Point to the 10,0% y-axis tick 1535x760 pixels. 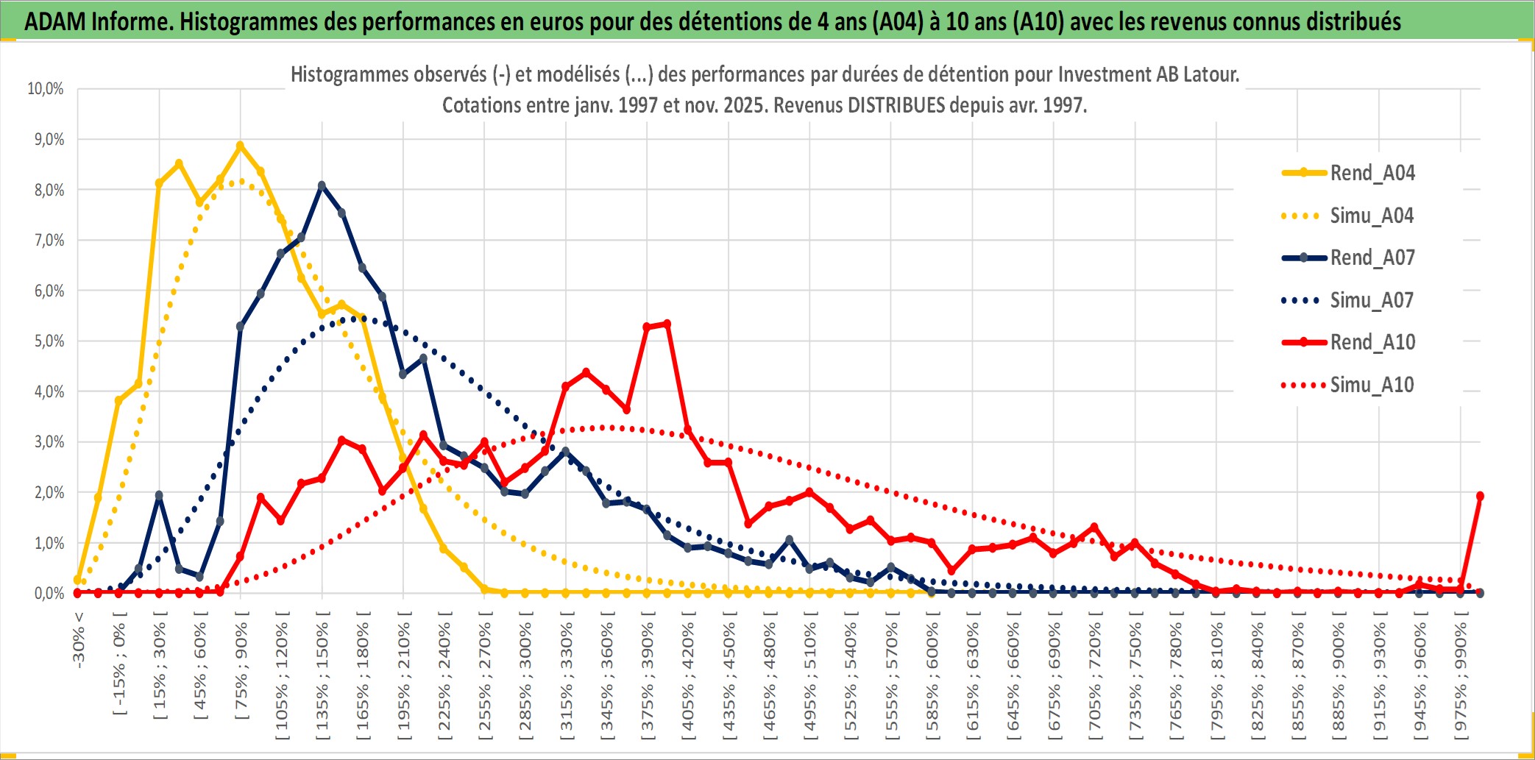coord(46,89)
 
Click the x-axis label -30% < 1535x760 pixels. coord(79,640)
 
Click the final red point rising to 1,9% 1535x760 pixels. coord(1480,496)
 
